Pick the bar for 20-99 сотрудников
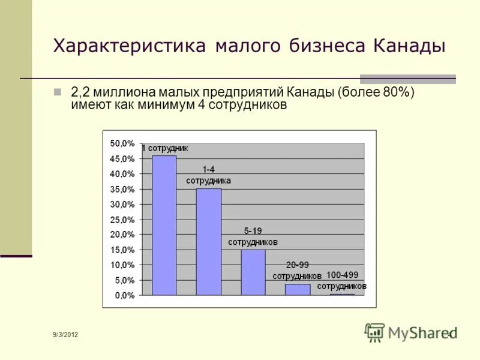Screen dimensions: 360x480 tap(297, 289)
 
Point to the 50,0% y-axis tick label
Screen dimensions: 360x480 tap(122, 143)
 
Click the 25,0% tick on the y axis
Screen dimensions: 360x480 tap(122, 220)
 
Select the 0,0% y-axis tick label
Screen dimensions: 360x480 tap(124, 295)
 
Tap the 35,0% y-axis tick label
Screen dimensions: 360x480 tap(122, 189)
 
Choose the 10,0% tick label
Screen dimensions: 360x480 tap(122, 265)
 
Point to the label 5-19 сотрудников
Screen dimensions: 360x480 tap(253, 237)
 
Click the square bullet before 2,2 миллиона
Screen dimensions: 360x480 tap(58, 92)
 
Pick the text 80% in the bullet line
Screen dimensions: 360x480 tap(397, 93)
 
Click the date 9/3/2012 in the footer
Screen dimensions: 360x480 tap(65, 334)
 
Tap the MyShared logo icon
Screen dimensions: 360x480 tap(375, 332)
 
